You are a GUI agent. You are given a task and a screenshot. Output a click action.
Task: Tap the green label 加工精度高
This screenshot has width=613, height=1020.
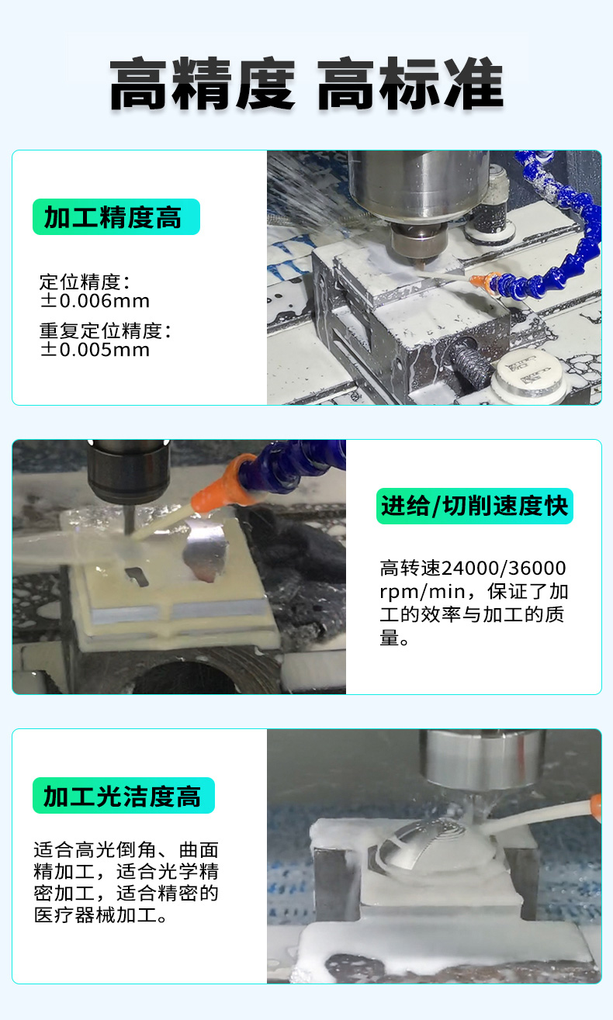[x=116, y=216]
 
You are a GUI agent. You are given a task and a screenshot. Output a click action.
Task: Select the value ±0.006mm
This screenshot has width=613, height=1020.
[x=95, y=301]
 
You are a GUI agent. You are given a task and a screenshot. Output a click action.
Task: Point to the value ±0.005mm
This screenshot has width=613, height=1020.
[x=95, y=350]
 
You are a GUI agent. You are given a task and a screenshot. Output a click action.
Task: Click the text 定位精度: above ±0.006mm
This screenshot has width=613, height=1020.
[x=85, y=282]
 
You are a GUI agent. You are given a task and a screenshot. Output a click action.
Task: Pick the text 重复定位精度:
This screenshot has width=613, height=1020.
[x=106, y=330]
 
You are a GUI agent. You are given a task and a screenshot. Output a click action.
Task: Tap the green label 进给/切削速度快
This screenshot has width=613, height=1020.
[x=475, y=506]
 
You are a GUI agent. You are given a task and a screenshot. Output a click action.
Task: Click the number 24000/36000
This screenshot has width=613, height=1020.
[x=504, y=569]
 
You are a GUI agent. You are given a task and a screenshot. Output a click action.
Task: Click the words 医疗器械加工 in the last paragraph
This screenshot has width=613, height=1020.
[x=95, y=915]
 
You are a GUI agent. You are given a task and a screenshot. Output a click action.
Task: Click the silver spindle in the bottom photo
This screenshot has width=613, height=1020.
[x=483, y=760]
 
